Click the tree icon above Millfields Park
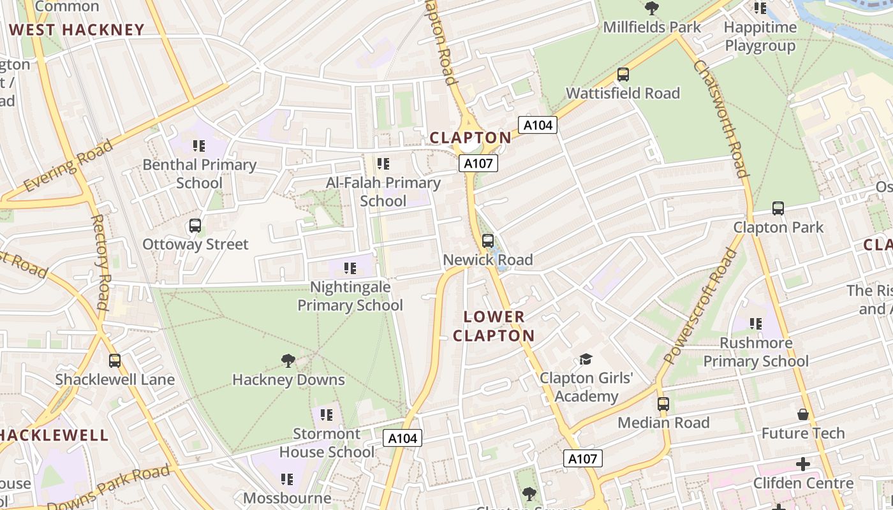coord(651,8)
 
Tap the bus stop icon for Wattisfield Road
coord(623,75)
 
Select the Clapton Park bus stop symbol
coord(778,208)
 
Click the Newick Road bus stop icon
coord(488,241)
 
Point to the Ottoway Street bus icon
coord(195,226)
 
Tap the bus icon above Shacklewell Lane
coord(115,361)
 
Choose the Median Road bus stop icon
coord(663,404)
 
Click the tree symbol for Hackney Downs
coord(288,361)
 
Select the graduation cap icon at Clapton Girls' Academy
coord(586,360)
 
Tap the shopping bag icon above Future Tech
coord(803,414)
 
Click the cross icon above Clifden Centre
coord(803,464)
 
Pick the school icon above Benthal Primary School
coord(199,146)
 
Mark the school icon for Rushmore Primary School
coord(756,324)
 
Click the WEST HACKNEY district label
coord(77,30)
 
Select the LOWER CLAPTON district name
coord(494,326)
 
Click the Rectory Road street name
coord(101,261)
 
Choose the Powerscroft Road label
coord(700,307)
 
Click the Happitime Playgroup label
coord(760,36)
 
